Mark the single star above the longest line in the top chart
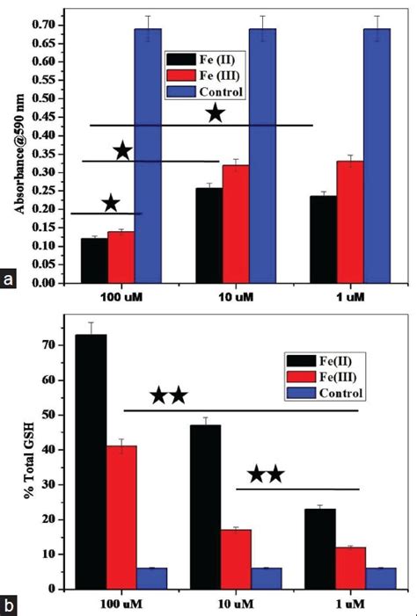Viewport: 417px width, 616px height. (215, 114)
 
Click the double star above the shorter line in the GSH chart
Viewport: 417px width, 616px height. (266, 475)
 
